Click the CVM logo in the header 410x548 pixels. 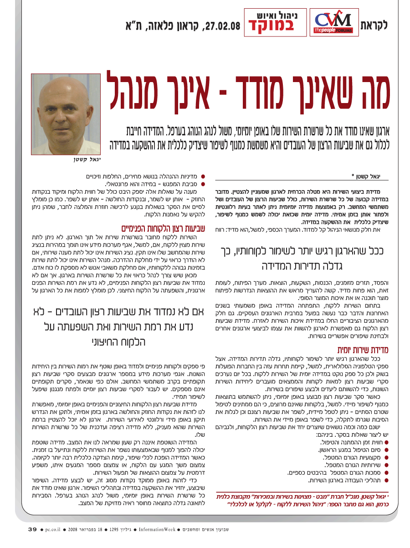click(334, 23)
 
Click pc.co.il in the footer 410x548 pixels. click(56, 529)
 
